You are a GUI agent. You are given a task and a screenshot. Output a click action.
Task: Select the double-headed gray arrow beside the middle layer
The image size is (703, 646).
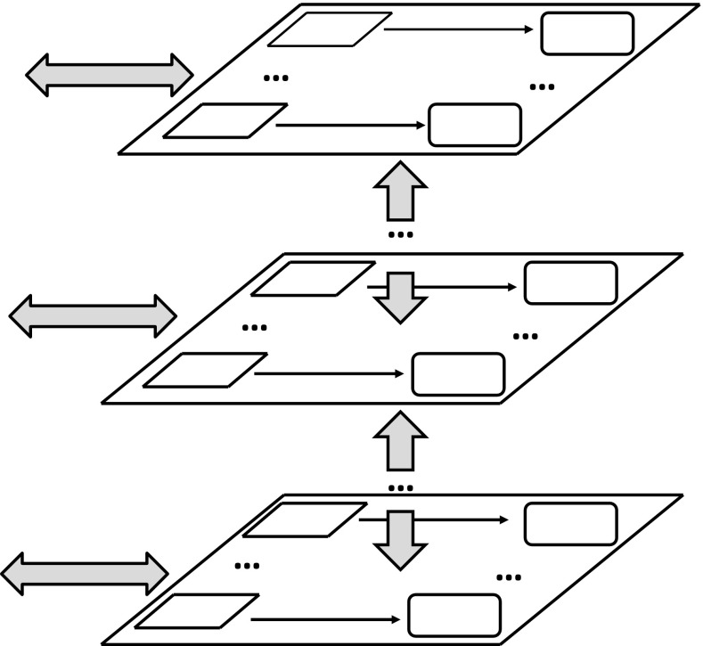click(93, 315)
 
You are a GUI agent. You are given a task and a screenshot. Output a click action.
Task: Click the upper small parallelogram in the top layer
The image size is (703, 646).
click(330, 29)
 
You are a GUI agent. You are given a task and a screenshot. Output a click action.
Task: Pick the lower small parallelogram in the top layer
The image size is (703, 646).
click(225, 121)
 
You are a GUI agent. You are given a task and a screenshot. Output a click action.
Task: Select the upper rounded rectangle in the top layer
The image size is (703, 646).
click(586, 33)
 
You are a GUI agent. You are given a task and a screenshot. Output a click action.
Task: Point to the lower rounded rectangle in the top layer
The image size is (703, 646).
click(475, 125)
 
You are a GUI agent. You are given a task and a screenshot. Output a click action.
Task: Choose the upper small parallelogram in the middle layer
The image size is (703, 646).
click(312, 278)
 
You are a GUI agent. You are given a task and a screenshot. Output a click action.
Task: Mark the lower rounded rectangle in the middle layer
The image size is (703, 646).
click(458, 373)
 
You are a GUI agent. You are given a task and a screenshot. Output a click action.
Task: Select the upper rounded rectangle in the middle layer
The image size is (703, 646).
click(570, 282)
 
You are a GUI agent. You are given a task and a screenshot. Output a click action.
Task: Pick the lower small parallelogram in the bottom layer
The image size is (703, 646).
click(197, 611)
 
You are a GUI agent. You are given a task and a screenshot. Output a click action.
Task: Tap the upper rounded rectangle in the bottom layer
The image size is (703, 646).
click(570, 524)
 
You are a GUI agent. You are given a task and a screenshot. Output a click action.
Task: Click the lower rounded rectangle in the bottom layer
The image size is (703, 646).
click(454, 615)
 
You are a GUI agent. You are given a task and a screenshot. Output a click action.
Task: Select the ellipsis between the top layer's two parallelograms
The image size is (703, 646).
click(276, 78)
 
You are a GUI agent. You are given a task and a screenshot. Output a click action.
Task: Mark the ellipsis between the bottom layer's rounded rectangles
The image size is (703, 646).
click(509, 577)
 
